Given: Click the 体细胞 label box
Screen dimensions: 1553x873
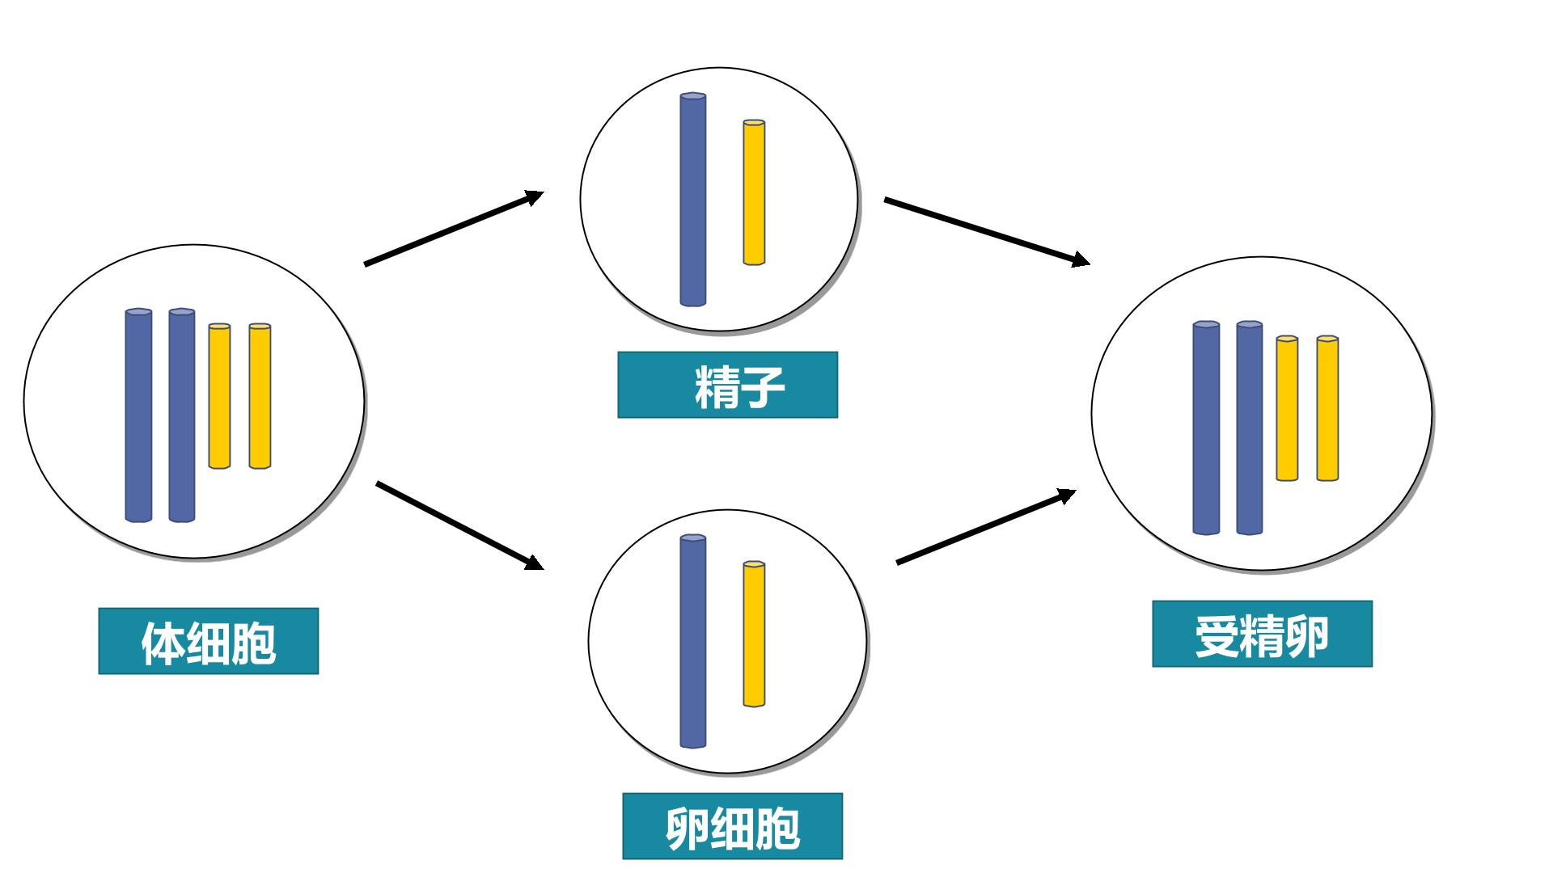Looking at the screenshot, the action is point(209,641).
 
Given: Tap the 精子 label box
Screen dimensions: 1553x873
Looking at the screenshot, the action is point(727,385).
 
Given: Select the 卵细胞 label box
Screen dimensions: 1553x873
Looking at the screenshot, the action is point(732,825).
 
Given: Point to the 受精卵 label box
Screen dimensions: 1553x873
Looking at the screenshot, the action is point(1262,634).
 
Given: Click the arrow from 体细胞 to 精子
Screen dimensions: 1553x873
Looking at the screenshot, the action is point(454,228).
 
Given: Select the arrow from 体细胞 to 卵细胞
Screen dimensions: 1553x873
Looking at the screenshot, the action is point(459,525).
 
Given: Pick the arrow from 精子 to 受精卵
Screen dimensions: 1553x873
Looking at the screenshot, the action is point(987,231).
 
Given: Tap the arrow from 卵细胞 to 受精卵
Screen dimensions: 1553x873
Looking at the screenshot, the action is point(986,526).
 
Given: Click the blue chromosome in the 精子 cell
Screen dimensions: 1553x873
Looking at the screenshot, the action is point(693,200).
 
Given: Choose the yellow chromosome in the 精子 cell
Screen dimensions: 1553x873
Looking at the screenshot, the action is point(754,192).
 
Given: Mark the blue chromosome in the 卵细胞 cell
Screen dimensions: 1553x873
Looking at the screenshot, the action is point(693,641).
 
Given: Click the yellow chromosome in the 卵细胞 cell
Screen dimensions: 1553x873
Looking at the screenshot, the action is point(754,634).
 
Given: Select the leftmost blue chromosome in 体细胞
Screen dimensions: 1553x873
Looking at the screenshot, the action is point(138,415).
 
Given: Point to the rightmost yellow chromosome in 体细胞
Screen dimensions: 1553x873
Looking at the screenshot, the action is point(260,396).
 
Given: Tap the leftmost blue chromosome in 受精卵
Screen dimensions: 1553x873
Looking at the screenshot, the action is point(1206,428).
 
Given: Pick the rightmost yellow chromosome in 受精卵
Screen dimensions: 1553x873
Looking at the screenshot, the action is point(1327,408).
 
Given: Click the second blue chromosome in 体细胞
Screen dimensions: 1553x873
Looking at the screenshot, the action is point(182,415).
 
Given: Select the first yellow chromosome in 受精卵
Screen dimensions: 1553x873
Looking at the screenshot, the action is point(1287,408).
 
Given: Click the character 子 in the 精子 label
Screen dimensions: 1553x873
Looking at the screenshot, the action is point(763,386).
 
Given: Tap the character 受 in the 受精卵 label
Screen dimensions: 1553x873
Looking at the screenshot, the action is point(1218,636).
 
